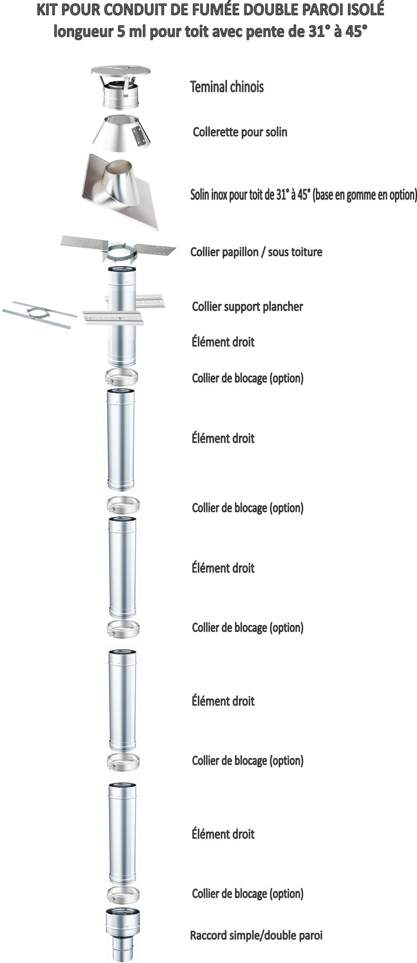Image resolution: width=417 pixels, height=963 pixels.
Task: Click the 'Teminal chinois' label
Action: (x=227, y=87)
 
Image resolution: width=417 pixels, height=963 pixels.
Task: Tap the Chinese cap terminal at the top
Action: (x=120, y=87)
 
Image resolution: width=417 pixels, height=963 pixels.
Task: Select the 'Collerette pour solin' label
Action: (x=240, y=132)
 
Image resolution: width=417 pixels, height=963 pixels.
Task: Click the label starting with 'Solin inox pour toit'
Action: (x=303, y=195)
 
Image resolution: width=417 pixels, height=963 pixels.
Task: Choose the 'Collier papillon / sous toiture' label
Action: (x=256, y=252)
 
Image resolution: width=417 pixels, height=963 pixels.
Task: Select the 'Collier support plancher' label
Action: (x=247, y=307)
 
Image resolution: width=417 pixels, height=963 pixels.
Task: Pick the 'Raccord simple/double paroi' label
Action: (x=256, y=935)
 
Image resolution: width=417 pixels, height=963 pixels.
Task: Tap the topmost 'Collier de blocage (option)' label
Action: (x=247, y=378)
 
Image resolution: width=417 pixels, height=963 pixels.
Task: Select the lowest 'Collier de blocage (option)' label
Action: (x=247, y=894)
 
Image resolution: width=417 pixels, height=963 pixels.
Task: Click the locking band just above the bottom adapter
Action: (x=123, y=894)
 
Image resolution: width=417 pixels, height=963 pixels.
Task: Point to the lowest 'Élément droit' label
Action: (x=223, y=834)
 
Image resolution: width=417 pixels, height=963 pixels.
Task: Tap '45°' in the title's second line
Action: (x=356, y=31)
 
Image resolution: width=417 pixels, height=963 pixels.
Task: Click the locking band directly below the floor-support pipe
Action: (x=121, y=377)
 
